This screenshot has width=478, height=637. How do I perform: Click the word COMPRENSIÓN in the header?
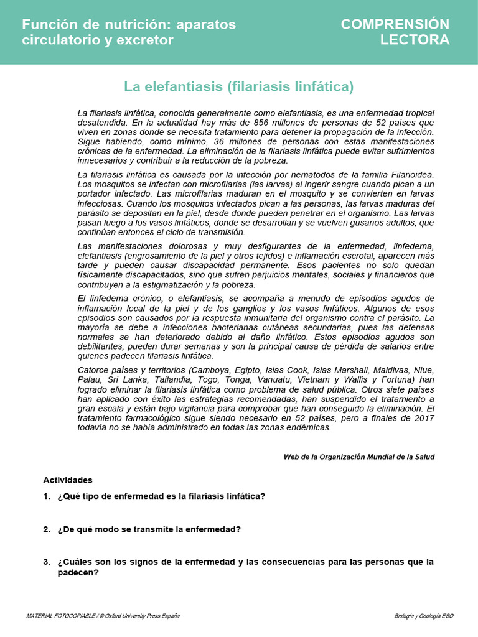(x=395, y=24)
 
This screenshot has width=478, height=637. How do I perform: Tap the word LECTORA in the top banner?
(x=415, y=40)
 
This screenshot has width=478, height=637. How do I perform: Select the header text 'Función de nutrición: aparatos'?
(x=129, y=24)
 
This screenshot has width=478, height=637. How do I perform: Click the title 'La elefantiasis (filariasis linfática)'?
(x=238, y=86)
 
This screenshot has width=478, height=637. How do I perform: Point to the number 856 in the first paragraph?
(x=261, y=123)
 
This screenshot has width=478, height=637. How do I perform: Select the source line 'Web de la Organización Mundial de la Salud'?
(x=358, y=457)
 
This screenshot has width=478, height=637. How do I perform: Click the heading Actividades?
(x=67, y=480)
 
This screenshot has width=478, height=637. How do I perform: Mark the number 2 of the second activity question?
(x=46, y=529)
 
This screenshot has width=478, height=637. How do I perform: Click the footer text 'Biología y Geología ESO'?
(x=424, y=616)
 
